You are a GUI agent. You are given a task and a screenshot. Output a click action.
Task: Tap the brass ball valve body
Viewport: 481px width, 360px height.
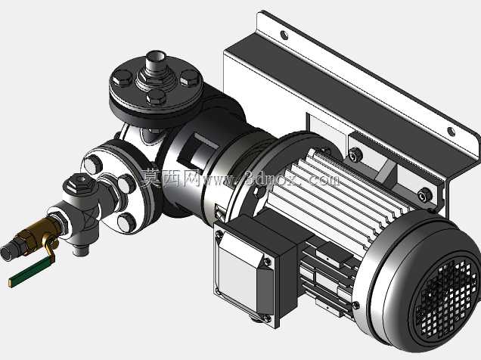tap(39, 232)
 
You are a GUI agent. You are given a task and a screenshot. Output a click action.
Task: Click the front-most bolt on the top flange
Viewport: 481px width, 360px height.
tap(156, 97)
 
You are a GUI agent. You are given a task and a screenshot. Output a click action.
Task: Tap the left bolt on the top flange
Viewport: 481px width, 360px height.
tap(122, 78)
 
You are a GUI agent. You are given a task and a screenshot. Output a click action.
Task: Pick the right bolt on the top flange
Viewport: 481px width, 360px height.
tap(190, 78)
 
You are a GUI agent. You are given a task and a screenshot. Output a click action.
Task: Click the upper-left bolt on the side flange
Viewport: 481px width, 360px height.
tap(93, 164)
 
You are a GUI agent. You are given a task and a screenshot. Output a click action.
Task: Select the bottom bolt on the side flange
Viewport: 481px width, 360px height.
tap(127, 222)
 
